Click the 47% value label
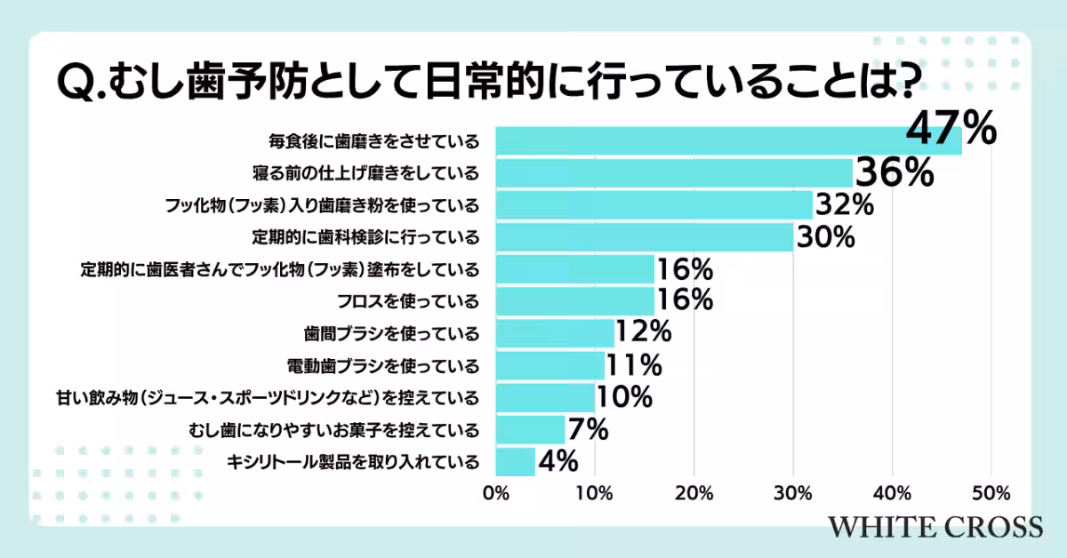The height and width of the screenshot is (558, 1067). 951,130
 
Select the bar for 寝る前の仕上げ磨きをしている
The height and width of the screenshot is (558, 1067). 674,173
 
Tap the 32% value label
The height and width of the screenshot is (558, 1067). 845,205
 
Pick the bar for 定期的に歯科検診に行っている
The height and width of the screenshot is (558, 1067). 644,237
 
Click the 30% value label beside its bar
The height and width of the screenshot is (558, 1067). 825,237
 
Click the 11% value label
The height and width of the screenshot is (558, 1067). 633,364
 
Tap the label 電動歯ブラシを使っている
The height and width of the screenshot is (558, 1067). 384,365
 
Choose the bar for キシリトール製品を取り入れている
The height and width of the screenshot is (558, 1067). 515,461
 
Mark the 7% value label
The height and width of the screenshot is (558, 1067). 588,429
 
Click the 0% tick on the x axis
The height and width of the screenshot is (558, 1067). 495,493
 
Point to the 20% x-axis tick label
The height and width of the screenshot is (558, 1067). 694,493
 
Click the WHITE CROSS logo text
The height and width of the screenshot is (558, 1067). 935,526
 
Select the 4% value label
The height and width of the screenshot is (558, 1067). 558,461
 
